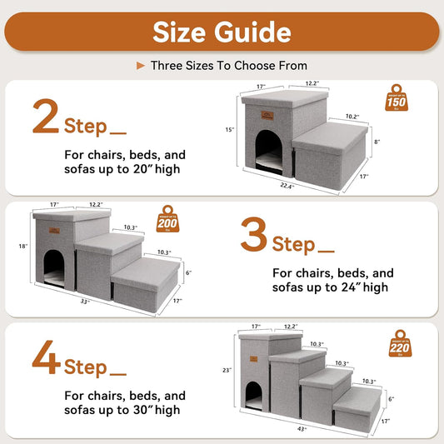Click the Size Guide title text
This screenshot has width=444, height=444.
point(222,32)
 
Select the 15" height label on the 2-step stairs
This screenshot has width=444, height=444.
point(230,130)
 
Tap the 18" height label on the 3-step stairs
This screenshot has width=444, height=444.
point(22,246)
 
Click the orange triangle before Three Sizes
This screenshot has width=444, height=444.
point(141,65)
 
